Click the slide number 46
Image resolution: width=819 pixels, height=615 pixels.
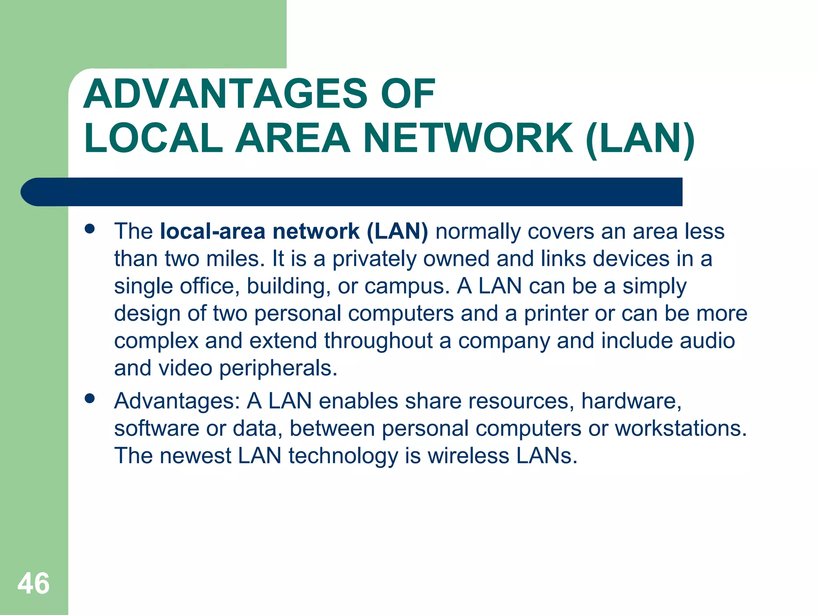34,583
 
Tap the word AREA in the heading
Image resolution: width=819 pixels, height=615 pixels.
293,139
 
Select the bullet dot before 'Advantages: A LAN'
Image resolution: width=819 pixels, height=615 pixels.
90,398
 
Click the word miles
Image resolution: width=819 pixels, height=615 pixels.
236,259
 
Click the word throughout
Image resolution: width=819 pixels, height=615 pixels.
378,341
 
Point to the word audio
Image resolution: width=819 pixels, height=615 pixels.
707,341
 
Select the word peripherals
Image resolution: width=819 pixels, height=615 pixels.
278,368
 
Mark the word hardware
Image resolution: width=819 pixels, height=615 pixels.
631,401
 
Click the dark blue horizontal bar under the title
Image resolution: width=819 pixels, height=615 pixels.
352,192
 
